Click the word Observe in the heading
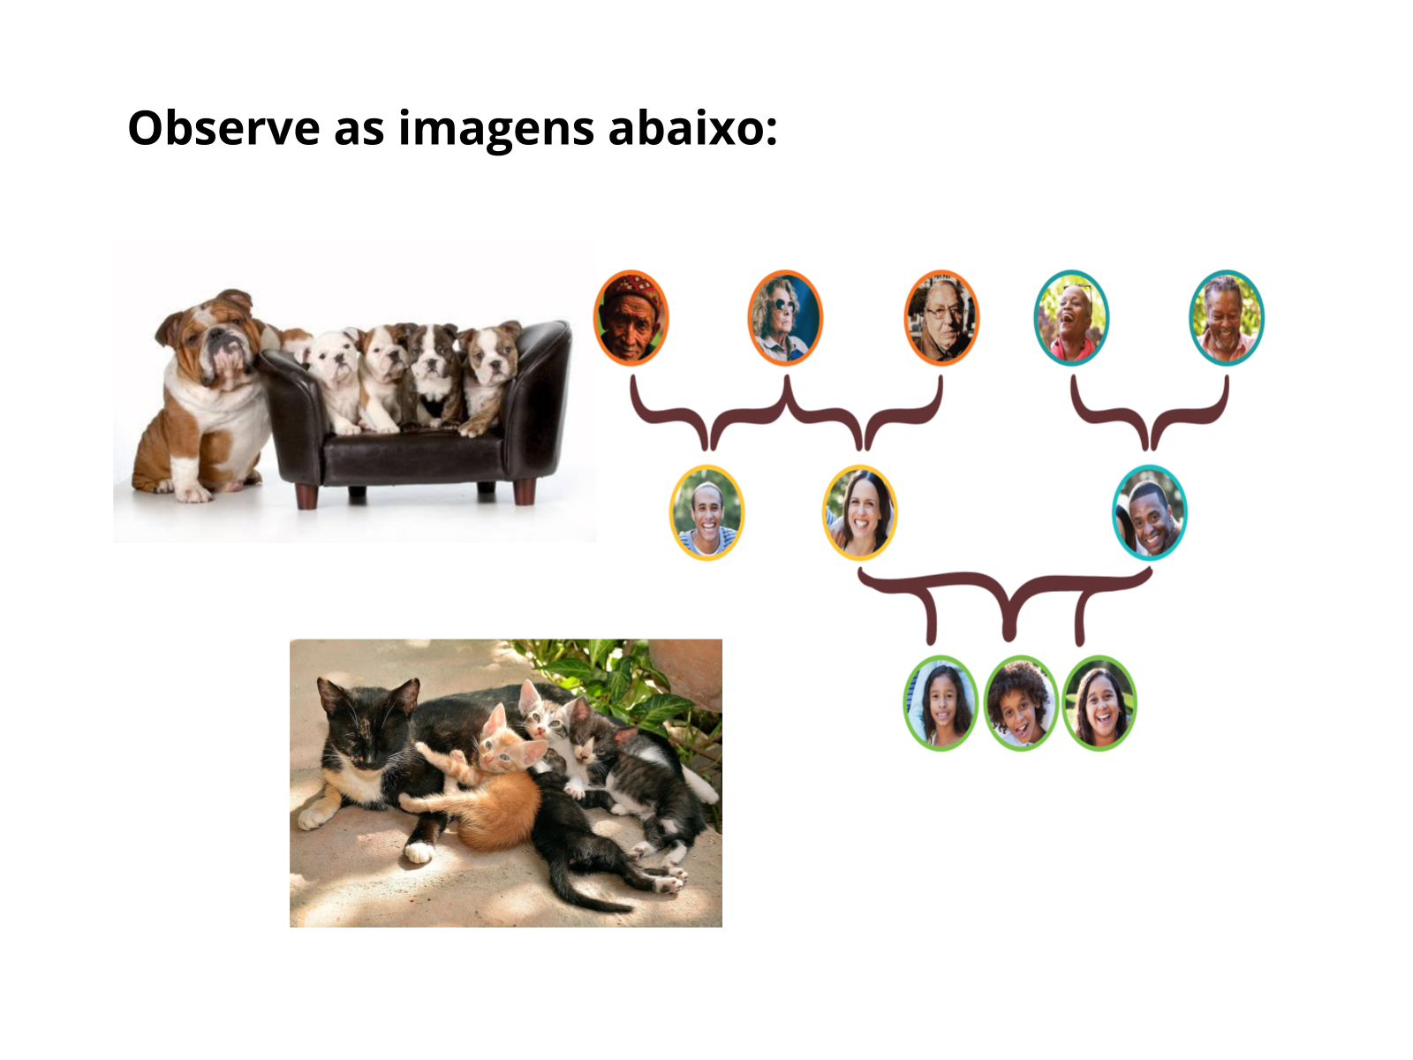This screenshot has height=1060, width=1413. (223, 127)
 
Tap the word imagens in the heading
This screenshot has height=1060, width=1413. (495, 131)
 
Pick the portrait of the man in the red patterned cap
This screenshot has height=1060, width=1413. (631, 318)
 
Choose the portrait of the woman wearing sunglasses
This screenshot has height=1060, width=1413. (785, 318)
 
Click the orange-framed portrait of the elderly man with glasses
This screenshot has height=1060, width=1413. (941, 318)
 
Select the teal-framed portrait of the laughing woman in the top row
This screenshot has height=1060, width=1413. (1071, 318)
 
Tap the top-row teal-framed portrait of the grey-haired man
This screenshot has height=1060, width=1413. (1227, 318)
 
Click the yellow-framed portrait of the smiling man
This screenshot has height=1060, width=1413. (706, 513)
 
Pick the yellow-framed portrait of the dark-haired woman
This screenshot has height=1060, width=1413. (860, 513)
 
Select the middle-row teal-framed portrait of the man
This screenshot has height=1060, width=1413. (1150, 513)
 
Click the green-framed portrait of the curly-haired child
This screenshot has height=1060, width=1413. (1021, 703)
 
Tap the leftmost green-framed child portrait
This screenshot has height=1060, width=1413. (941, 703)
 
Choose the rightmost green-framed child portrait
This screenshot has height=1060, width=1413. (1099, 703)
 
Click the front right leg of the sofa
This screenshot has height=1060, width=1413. (525, 491)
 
